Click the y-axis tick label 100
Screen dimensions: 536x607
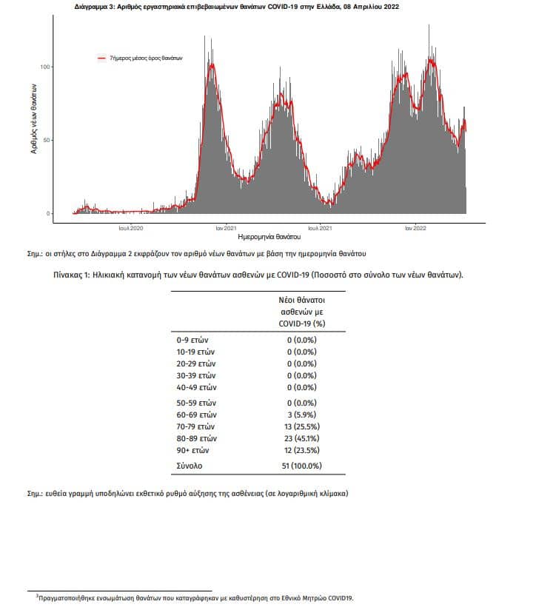pos(45,67)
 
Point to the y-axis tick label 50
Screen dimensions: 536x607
pos(47,140)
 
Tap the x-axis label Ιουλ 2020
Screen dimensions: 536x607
pos(131,228)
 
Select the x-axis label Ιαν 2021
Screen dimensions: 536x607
pos(226,228)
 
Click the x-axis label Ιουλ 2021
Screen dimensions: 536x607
pos(320,228)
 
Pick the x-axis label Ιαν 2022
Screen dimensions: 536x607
pos(415,228)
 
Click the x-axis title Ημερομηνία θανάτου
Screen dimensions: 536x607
pos(269,237)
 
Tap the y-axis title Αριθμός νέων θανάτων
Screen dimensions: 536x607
pos(34,119)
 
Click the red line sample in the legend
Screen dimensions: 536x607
pos(101,58)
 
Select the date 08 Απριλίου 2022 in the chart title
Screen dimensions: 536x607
pos(371,7)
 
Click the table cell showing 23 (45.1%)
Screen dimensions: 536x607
pos(302,438)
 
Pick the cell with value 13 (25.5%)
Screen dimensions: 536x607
pos(302,426)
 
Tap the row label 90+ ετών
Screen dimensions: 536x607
pos(192,450)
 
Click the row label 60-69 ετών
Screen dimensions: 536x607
pos(196,415)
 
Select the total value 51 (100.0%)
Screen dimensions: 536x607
pos(302,466)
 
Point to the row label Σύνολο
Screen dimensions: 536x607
pos(190,466)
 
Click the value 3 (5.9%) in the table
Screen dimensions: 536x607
pos(302,415)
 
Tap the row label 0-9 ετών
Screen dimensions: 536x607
pos(192,340)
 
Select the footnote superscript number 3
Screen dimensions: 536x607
pos(38,596)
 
